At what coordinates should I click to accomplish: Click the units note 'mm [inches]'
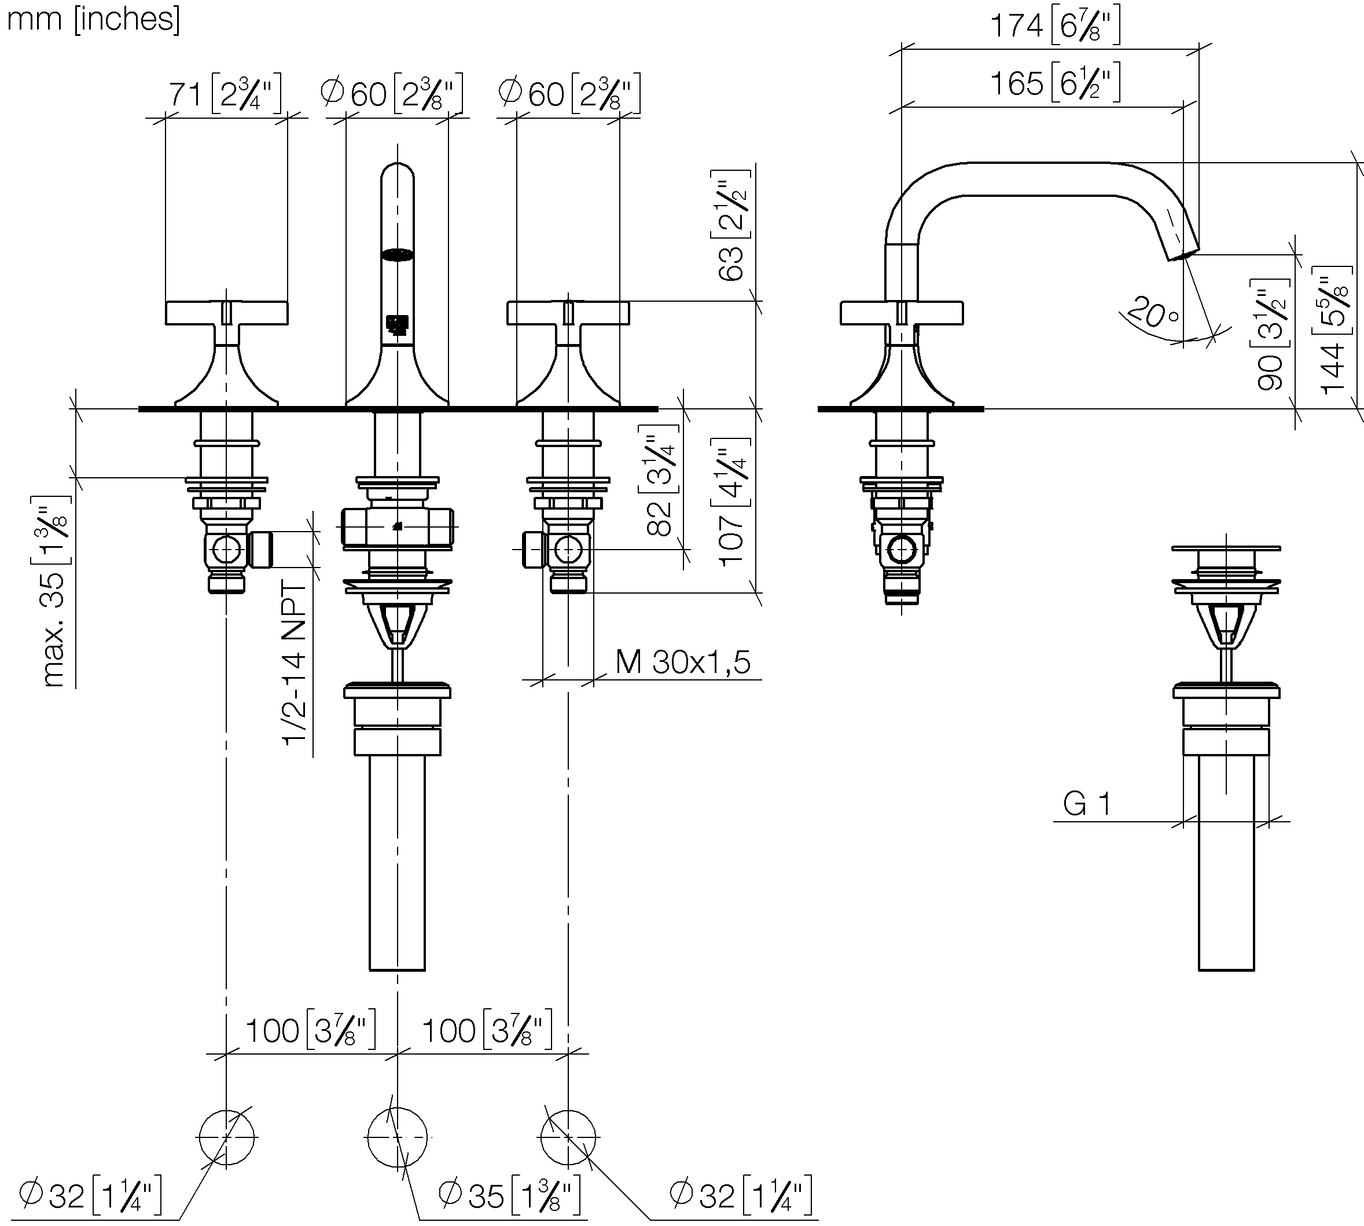pyautogui.click(x=93, y=19)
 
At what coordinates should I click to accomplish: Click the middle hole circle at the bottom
pyautogui.click(x=397, y=1137)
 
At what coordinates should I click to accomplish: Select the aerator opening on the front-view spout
pyautogui.click(x=397, y=254)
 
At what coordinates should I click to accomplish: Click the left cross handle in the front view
pyautogui.click(x=226, y=313)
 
